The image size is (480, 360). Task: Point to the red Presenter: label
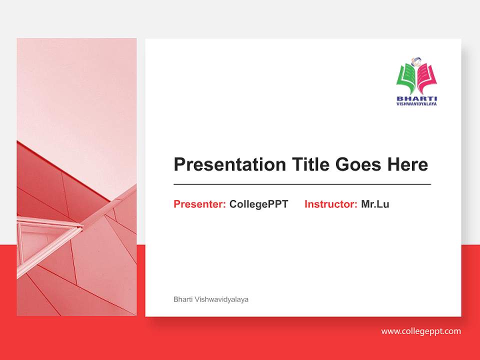199,204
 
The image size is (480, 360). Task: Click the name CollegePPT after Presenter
258,204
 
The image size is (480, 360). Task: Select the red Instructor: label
330,204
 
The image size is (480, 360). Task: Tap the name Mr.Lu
375,204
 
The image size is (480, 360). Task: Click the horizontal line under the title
302,184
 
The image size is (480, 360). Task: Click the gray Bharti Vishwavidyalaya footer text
211,299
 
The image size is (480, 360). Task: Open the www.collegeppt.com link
421,331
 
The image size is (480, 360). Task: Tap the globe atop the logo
416,62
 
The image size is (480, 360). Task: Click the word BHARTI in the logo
416,98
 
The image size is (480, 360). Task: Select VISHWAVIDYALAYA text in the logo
416,104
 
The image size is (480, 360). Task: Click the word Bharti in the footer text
182,299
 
